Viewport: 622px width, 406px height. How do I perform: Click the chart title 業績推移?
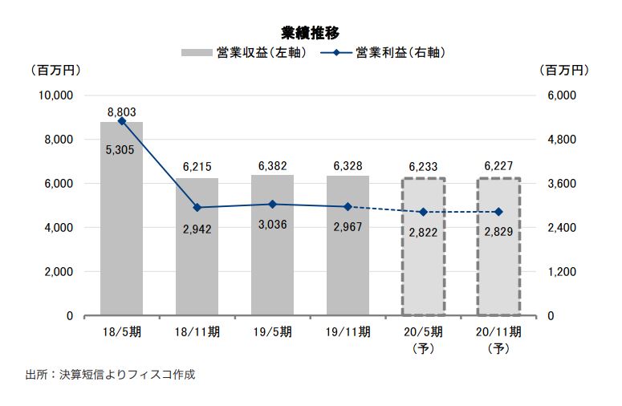point(310,33)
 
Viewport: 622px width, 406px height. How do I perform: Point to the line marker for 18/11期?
point(197,208)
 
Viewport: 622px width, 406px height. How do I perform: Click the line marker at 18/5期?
point(121,120)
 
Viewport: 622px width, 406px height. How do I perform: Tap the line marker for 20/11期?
point(498,212)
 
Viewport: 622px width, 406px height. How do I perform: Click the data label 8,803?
point(121,112)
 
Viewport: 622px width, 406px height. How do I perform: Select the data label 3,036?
point(272,224)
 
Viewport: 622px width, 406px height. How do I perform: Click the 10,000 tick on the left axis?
point(57,95)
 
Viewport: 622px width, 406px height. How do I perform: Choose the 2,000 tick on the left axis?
point(60,272)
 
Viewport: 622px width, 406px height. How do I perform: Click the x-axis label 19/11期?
point(348,331)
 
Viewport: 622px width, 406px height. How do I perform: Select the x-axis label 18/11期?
point(197,331)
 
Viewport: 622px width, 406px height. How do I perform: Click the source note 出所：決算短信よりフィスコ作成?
point(110,375)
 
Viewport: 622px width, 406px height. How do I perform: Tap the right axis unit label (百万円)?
point(567,71)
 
